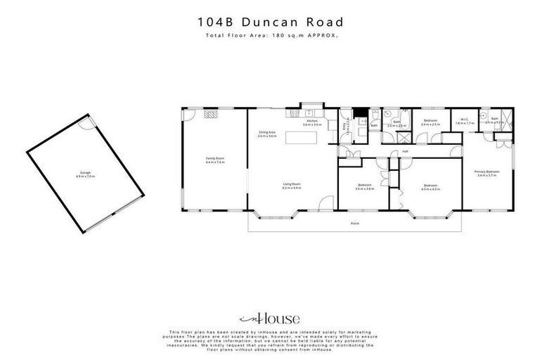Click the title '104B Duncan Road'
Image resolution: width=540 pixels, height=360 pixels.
click(270, 22)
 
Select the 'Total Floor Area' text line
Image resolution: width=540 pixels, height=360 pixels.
click(270, 35)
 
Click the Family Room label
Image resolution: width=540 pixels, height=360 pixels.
click(214, 159)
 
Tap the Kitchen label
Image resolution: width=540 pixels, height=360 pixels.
click(313, 122)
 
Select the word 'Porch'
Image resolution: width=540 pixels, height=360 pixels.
click(355, 224)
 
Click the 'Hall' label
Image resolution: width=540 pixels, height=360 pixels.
click(405, 150)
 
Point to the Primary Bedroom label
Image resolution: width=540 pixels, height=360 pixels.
click(487, 172)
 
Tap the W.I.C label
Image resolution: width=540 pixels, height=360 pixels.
click(464, 120)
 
